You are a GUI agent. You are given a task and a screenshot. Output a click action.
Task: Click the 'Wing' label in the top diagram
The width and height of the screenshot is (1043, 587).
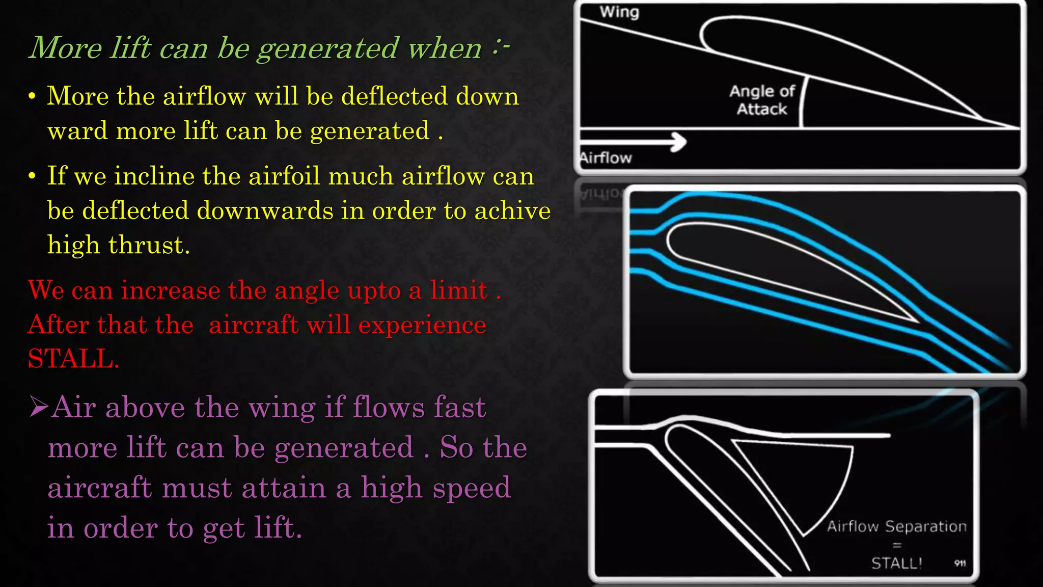coord(619,12)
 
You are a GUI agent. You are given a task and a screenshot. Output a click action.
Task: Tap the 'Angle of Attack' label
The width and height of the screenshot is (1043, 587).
coord(762,100)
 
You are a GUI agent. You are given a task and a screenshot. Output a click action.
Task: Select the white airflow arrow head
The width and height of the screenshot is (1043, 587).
coord(679,142)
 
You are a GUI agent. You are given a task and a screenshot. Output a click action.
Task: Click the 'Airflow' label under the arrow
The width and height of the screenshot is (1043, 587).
coord(606,158)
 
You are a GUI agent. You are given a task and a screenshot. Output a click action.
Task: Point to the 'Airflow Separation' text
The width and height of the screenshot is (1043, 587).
coord(896,526)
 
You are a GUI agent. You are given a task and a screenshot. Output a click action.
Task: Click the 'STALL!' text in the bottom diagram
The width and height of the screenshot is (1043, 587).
coord(896,563)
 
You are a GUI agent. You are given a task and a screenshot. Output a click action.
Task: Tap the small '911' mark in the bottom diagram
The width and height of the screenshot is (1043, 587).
coord(960,563)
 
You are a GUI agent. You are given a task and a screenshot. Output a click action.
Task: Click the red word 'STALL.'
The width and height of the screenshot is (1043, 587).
coord(73,359)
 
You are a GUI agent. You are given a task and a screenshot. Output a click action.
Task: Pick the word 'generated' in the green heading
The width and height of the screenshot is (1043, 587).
coord(327,49)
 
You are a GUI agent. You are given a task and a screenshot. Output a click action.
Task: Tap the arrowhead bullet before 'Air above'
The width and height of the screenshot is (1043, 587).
coord(39,407)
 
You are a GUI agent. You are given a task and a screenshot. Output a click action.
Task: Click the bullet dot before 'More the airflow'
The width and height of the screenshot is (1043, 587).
coord(32,96)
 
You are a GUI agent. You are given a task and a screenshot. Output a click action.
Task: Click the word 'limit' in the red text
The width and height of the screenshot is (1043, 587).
coord(458,290)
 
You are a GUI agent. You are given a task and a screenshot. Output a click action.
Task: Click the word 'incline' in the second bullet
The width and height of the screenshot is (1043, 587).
coord(154,176)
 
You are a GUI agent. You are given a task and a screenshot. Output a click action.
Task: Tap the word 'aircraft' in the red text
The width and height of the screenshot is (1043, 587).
coord(253,325)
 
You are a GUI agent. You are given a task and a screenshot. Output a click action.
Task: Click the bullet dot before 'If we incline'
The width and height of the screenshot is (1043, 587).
coord(32,176)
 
